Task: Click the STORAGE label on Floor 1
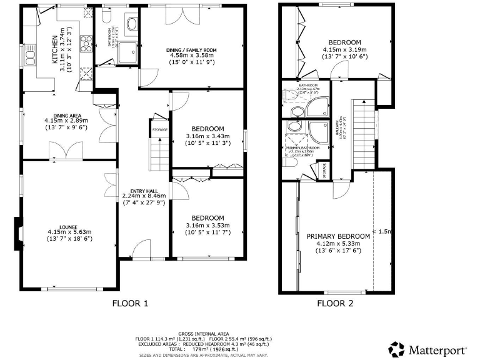(160, 130)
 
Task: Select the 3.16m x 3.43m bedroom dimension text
(208, 136)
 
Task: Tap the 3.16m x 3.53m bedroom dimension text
(208, 226)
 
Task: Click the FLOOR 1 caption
(130, 304)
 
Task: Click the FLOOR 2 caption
(335, 304)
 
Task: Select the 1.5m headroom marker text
(382, 232)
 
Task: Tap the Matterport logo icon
(397, 348)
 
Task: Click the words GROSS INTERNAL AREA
(203, 334)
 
